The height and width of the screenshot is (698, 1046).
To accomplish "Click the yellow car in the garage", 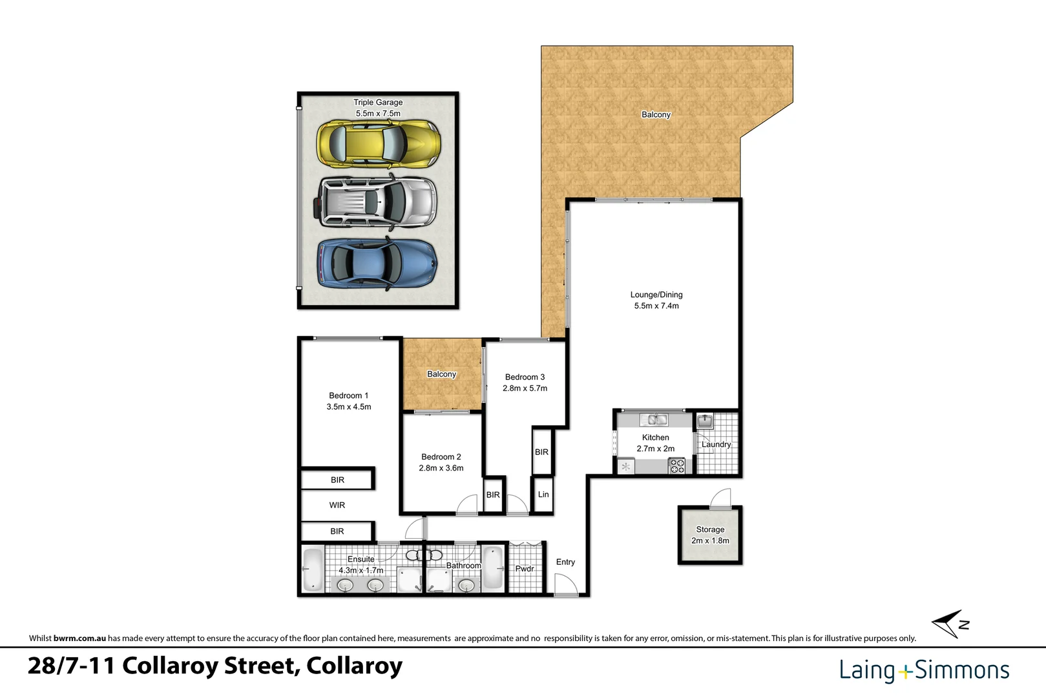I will point(379,143).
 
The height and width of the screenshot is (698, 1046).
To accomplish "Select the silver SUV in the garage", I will point(377,202).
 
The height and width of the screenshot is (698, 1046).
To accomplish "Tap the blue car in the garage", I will point(377,263).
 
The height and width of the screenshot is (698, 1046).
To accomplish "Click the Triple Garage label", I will point(378,102).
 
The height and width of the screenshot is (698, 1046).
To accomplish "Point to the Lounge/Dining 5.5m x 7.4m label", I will point(656,300).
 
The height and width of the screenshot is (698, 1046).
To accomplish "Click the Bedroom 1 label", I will point(348,396).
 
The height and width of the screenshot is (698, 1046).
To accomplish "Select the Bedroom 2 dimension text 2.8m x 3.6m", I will point(441,468).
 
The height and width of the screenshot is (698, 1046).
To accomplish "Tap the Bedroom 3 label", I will point(525,377).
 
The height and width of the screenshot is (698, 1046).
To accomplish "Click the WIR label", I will point(337,505).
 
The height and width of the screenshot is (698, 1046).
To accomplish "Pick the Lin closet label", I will point(543,494).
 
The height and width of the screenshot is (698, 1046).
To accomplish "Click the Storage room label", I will point(710,529).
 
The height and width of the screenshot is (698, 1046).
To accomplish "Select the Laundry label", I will point(716,444).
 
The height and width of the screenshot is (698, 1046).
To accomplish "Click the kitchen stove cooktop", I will point(676,465).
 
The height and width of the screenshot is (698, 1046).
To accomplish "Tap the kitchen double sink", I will point(657,419).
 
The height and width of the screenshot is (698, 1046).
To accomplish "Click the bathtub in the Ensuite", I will point(313,569).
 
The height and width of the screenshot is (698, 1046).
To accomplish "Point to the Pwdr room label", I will point(525,569).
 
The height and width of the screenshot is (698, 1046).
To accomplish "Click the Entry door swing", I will point(565,585).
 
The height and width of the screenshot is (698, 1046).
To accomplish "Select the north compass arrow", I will point(949,624).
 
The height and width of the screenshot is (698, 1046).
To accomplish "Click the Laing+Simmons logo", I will point(924,670).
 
